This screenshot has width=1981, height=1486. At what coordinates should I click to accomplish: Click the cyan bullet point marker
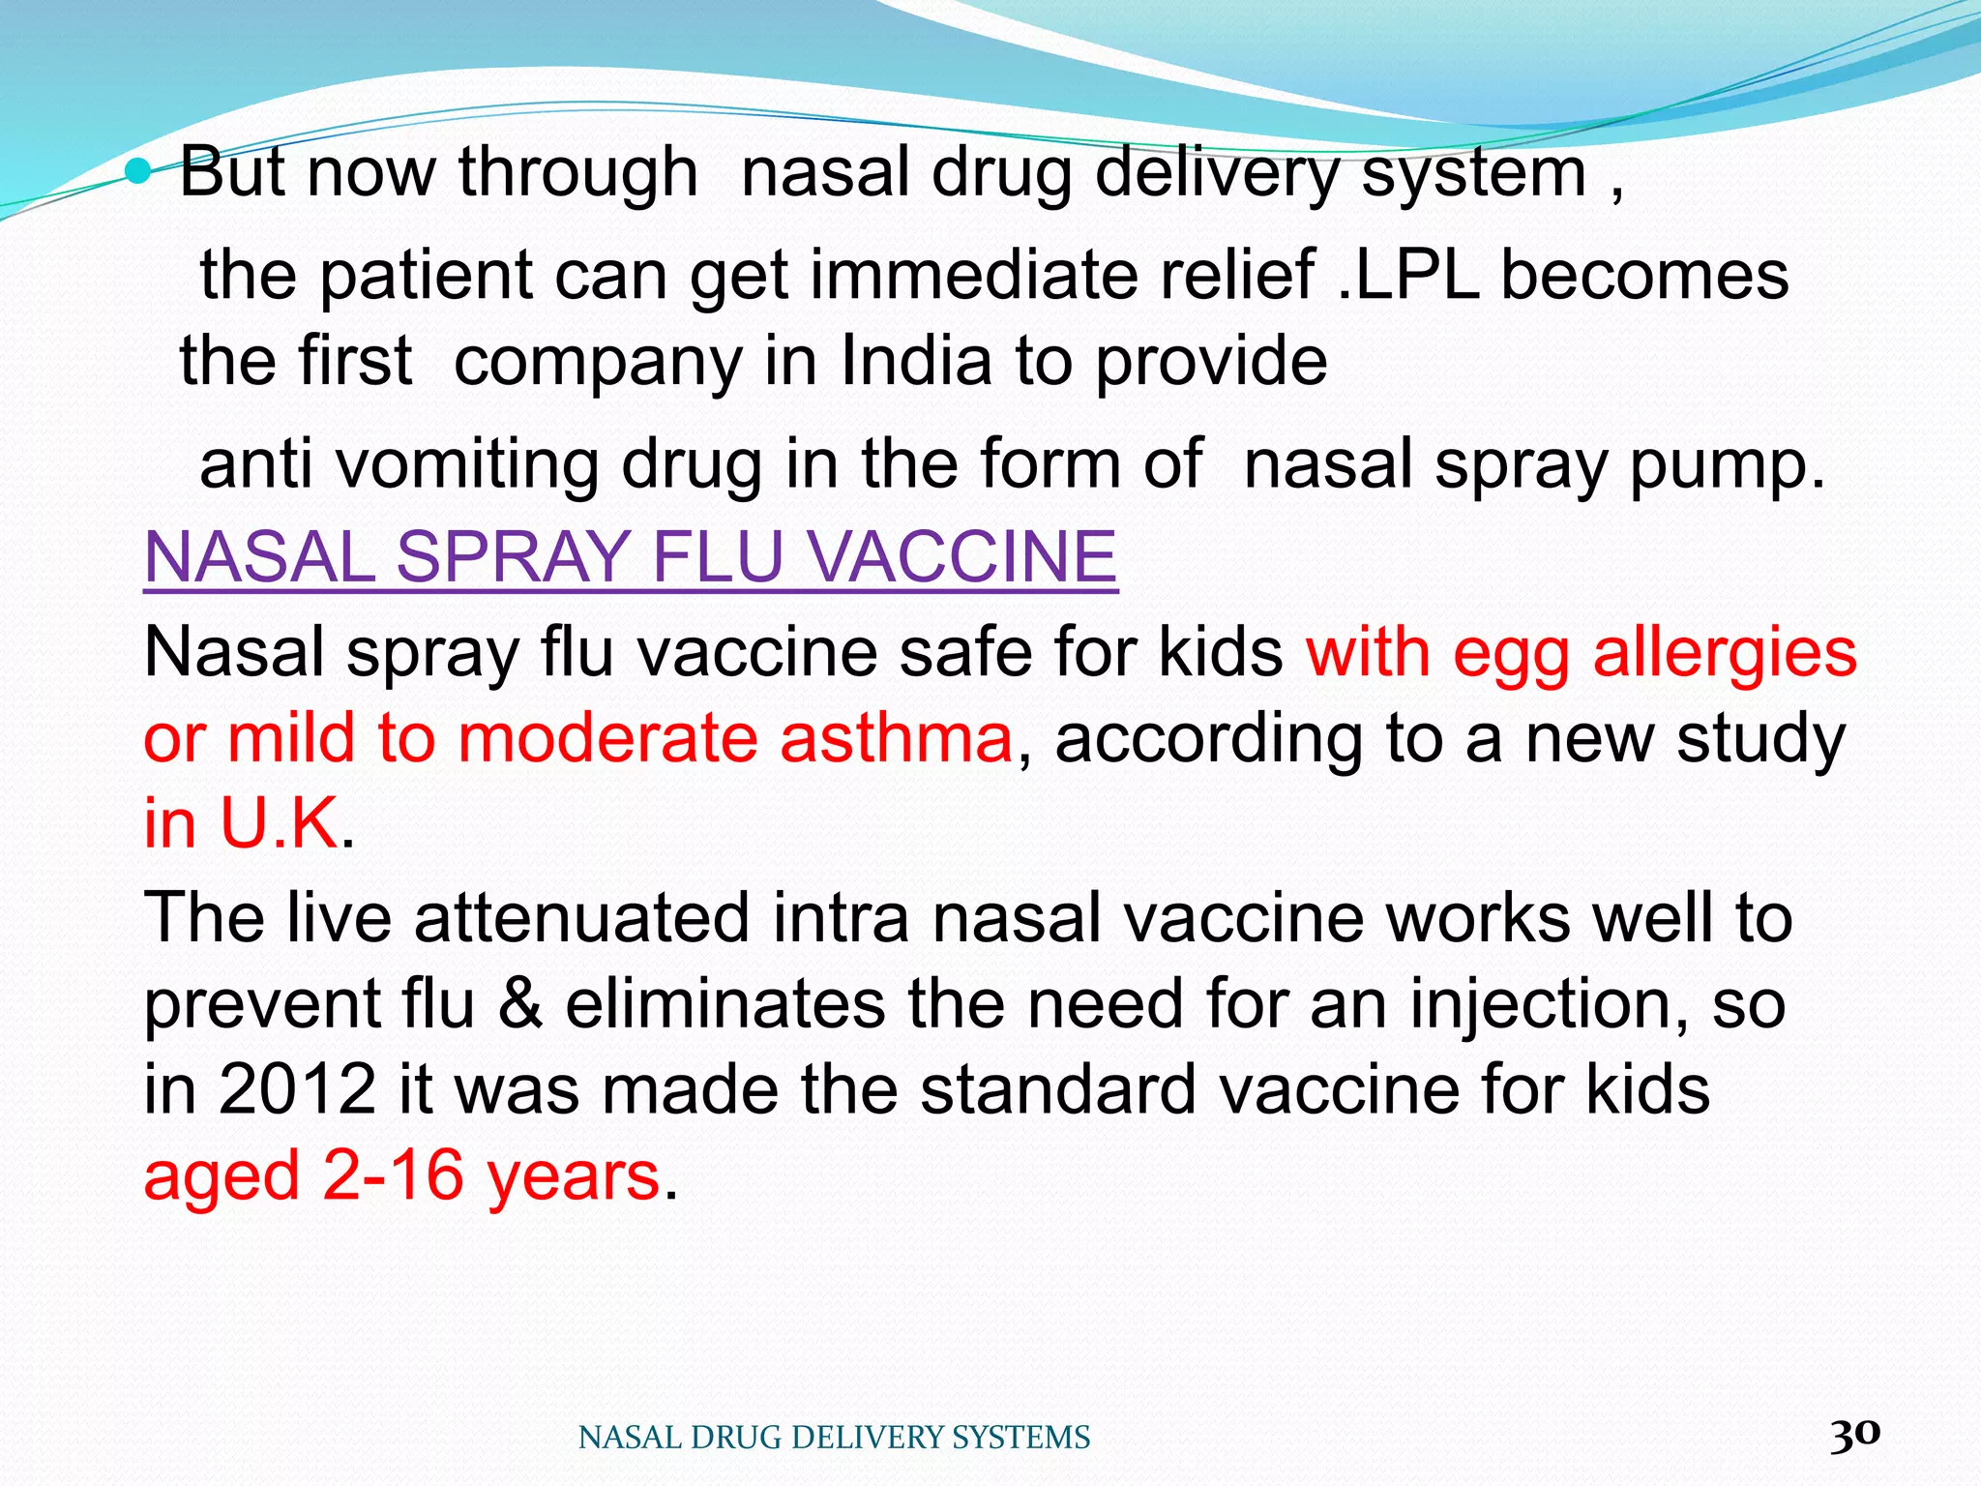[139, 172]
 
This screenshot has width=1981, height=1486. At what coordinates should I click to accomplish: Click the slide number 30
[1854, 1434]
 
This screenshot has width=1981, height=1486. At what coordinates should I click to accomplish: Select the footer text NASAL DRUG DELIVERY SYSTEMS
[834, 1438]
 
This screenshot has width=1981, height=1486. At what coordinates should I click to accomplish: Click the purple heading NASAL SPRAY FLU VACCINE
[631, 557]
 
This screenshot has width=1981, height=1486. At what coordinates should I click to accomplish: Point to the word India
[916, 361]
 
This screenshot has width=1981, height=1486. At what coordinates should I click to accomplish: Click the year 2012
[298, 1089]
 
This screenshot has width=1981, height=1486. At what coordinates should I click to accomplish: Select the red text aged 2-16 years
[401, 1175]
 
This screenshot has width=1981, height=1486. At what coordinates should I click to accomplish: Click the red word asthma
[896, 738]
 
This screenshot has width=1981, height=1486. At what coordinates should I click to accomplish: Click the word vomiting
[467, 464]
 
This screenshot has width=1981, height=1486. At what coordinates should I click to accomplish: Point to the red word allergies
[1725, 653]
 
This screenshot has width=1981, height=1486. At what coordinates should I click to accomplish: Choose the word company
[597, 363]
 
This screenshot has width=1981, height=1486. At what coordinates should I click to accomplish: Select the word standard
[1058, 1089]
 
